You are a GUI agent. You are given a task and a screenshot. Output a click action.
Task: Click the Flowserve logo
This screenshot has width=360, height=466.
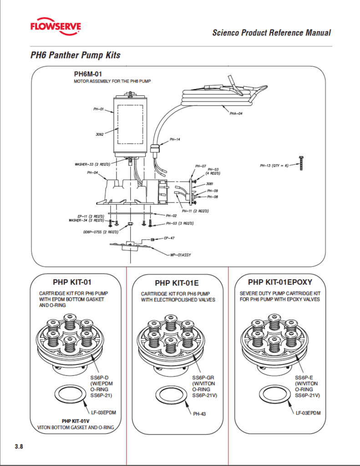pos(56,27)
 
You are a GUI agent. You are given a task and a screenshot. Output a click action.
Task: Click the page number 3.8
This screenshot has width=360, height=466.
pos(19,446)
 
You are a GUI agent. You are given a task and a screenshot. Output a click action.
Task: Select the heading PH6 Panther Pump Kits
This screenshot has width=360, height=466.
pos(76,56)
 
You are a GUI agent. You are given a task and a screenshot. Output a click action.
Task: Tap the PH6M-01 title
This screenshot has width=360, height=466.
pos(91,73)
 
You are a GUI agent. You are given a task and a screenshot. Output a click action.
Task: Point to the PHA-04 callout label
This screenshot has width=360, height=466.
pos(236,114)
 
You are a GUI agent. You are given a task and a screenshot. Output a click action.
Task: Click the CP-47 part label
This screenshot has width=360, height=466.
pos(169,238)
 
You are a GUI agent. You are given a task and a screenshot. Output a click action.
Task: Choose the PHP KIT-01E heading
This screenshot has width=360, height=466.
pos(177,284)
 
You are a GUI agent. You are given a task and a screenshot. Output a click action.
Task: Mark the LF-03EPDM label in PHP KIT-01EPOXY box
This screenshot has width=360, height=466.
pos(308,413)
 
